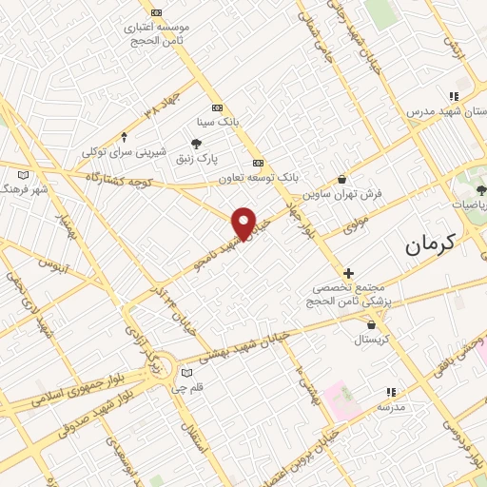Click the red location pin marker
point(244,223)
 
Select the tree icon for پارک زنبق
point(196,145)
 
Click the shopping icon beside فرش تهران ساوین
point(342,179)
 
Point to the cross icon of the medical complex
point(349,273)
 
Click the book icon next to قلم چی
point(186,371)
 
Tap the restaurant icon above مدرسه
point(390,392)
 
